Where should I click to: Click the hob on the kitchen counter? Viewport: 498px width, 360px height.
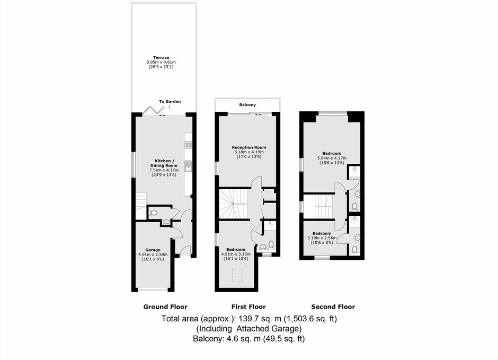coord(188,145)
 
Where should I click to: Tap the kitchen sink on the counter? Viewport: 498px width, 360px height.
coord(188,166)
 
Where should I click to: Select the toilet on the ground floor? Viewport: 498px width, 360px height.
coord(153,213)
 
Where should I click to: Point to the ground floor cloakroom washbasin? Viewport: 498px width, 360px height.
coord(166,222)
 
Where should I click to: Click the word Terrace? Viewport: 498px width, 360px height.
coord(162,57)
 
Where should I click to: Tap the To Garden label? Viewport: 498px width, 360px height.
coord(170,101)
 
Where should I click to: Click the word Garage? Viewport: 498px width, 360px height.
coord(153,250)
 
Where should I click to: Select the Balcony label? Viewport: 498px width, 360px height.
coord(247,104)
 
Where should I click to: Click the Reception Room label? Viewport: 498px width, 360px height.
coord(249,147)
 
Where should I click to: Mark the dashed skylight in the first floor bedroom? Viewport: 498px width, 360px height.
coord(237,276)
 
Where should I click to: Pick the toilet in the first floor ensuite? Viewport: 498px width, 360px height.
coord(271,245)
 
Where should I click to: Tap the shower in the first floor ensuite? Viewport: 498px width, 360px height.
coord(270,225)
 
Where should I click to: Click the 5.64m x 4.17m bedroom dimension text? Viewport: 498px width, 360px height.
coord(332,158)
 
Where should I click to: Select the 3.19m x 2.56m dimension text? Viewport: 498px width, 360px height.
coord(322,238)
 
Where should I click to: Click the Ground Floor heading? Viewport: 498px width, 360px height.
coord(165,306)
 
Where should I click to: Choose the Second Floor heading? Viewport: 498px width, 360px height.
coord(333,306)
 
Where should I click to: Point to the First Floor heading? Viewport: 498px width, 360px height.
coord(248,306)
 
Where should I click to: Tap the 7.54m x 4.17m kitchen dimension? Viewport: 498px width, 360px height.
coord(164,170)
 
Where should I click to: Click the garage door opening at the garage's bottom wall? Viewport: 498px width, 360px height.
coord(153,290)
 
